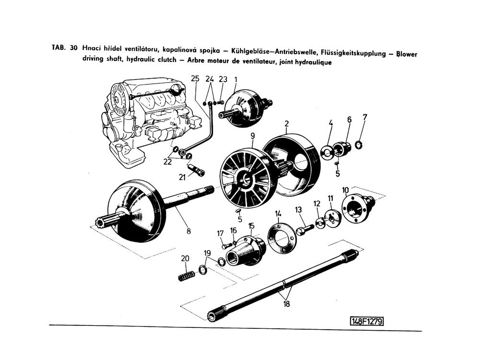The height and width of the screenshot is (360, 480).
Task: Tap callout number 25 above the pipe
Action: point(194,79)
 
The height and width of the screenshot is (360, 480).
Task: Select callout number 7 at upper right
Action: point(365,117)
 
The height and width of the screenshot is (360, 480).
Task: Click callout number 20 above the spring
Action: point(185,258)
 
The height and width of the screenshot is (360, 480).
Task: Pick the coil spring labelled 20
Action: point(186,276)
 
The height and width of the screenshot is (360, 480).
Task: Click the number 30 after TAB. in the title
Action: point(73,48)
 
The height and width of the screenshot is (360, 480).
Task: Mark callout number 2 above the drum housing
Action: point(286,123)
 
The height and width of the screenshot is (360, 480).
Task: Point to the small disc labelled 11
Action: point(331,217)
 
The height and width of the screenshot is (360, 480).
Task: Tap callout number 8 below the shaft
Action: point(189,231)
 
